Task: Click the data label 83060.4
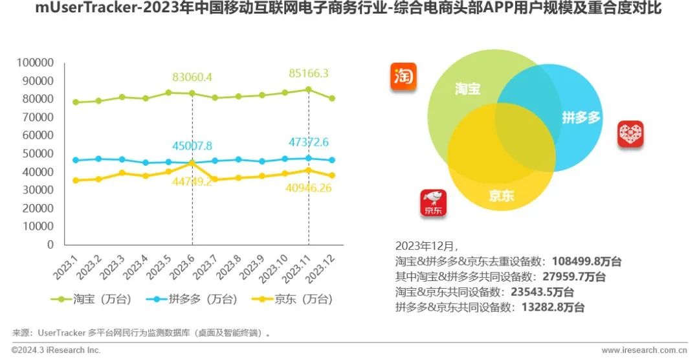[x=192, y=78]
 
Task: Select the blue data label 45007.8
[x=192, y=145]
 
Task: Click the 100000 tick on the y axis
[x=36, y=63]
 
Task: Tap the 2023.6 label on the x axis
[x=183, y=266]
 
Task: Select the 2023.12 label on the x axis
[x=322, y=267]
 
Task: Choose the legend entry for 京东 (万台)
[x=294, y=299]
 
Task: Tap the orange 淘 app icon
[x=403, y=76]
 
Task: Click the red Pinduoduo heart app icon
[x=630, y=134]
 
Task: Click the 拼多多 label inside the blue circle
[x=581, y=119]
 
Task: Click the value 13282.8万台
[x=553, y=308]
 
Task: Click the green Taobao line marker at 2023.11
[x=309, y=89]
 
